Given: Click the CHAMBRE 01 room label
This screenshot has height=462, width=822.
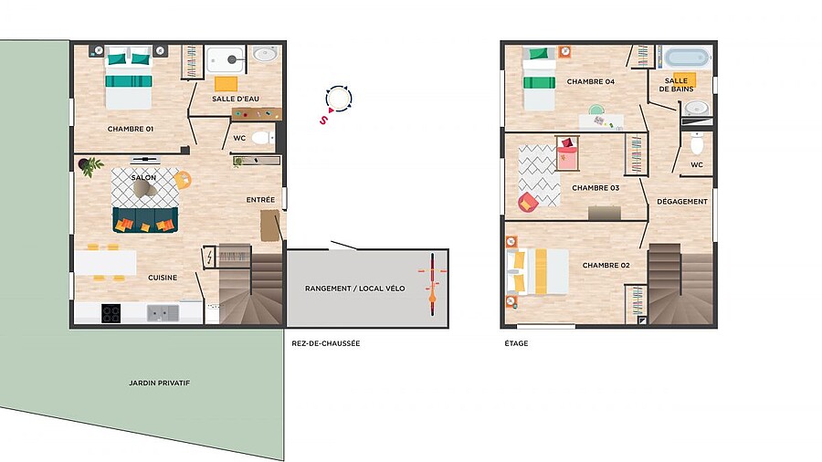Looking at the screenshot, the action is [x=131, y=129].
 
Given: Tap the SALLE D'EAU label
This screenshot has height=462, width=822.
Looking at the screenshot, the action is [x=236, y=99].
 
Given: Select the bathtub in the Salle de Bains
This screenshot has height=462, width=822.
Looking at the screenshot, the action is [x=687, y=58].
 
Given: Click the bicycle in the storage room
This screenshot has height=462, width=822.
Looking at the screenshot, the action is [x=433, y=284].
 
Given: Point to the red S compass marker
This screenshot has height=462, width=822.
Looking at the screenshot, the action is [x=323, y=120].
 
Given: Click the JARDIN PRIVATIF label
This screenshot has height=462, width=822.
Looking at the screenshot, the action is [x=159, y=383].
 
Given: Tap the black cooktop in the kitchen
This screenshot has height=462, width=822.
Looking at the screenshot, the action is [x=111, y=313].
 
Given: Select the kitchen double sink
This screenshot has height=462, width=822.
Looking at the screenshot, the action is [x=163, y=313].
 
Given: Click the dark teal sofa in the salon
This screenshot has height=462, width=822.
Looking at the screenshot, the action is [x=145, y=220].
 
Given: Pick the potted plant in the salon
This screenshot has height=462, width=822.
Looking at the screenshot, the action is [x=90, y=166].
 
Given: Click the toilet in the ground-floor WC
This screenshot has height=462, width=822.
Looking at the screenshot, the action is [x=261, y=138].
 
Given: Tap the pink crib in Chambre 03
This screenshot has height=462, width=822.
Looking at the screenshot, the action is [x=567, y=153].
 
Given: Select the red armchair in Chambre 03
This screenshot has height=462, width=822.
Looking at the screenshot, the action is [x=528, y=202].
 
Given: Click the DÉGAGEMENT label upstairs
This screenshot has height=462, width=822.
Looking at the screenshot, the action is [x=682, y=201].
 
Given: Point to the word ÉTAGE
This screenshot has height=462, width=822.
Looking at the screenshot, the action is [x=516, y=343].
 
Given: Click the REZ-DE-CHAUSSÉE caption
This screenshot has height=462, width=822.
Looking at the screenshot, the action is [x=325, y=343].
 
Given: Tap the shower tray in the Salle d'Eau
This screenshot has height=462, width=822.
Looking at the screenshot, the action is [x=225, y=59].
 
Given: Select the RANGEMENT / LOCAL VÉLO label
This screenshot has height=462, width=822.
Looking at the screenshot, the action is [x=355, y=289].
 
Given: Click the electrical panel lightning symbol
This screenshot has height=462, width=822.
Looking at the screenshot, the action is [x=210, y=257].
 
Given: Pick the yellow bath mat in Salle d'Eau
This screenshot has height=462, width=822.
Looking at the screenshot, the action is [x=226, y=84].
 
